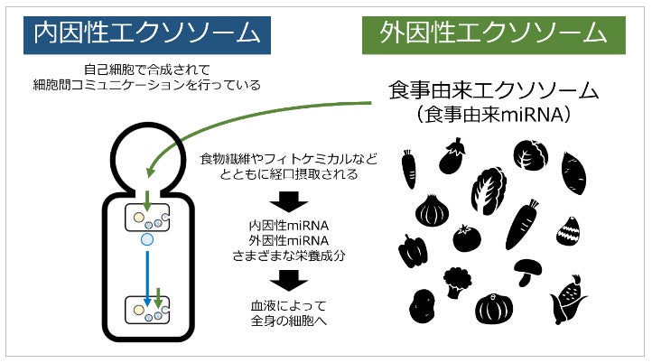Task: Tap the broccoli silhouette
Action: point(458,279)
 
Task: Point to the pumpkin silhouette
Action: point(494,309)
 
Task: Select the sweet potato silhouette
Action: point(574,172)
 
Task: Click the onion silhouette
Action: point(431,212)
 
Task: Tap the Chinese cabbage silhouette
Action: point(489,189)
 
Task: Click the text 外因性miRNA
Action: point(288,241)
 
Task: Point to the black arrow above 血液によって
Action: point(288,281)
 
